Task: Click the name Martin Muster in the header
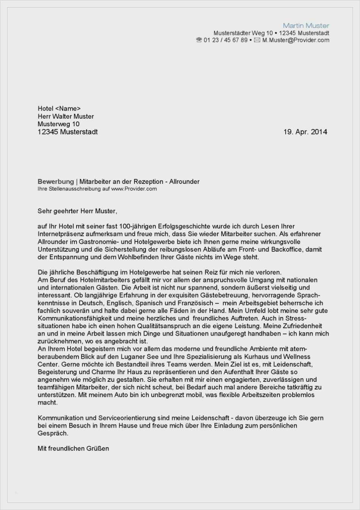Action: point(306,25)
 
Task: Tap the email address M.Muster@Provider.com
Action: point(296,40)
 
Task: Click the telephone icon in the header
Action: point(199,40)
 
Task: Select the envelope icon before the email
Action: point(257,40)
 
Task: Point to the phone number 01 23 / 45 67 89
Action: point(225,40)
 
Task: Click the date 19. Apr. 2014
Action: point(305,132)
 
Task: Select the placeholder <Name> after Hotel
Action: point(68,109)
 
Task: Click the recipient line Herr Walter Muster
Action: point(66,116)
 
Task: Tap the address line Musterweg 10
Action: point(58,124)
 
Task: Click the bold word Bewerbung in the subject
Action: point(56,182)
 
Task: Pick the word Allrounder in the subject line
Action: point(184,182)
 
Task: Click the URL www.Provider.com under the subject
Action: point(134,189)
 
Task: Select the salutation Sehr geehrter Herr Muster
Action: point(77,211)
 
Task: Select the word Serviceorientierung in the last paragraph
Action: point(127,418)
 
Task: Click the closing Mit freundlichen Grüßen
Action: point(73,448)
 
